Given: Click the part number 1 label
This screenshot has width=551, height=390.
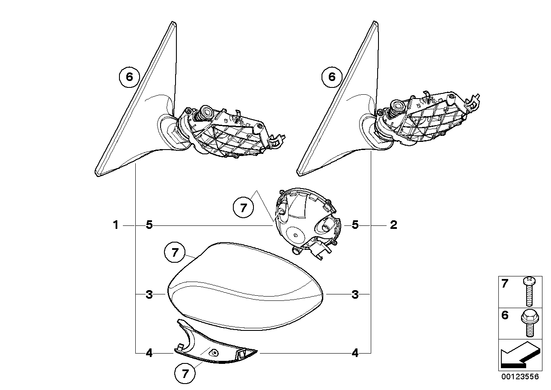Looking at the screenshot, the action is pyautogui.click(x=116, y=225).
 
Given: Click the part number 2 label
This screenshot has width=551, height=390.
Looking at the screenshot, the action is pyautogui.click(x=393, y=225).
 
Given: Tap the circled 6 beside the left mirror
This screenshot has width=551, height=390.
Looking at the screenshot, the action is pyautogui.click(x=129, y=77).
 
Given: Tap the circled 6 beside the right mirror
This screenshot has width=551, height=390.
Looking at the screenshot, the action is pyautogui.click(x=332, y=77).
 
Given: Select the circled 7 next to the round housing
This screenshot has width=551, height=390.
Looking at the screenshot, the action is pyautogui.click(x=243, y=208).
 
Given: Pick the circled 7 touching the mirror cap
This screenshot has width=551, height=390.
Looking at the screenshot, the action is pyautogui.click(x=175, y=252).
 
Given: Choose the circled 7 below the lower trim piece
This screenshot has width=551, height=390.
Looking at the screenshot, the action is pyautogui.click(x=185, y=374).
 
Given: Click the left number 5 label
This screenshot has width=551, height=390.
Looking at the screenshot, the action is pyautogui.click(x=149, y=225).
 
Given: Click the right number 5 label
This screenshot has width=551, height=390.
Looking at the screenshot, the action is pyautogui.click(x=355, y=225).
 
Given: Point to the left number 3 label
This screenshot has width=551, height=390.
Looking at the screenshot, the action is pyautogui.click(x=149, y=294).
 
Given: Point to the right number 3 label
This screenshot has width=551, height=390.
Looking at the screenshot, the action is pyautogui.click(x=355, y=294).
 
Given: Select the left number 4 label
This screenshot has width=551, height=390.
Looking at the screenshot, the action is pyautogui.click(x=149, y=353).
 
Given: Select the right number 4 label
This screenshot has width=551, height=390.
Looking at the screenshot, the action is pyautogui.click(x=355, y=353).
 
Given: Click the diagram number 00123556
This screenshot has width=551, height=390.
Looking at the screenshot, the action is pyautogui.click(x=520, y=377).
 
